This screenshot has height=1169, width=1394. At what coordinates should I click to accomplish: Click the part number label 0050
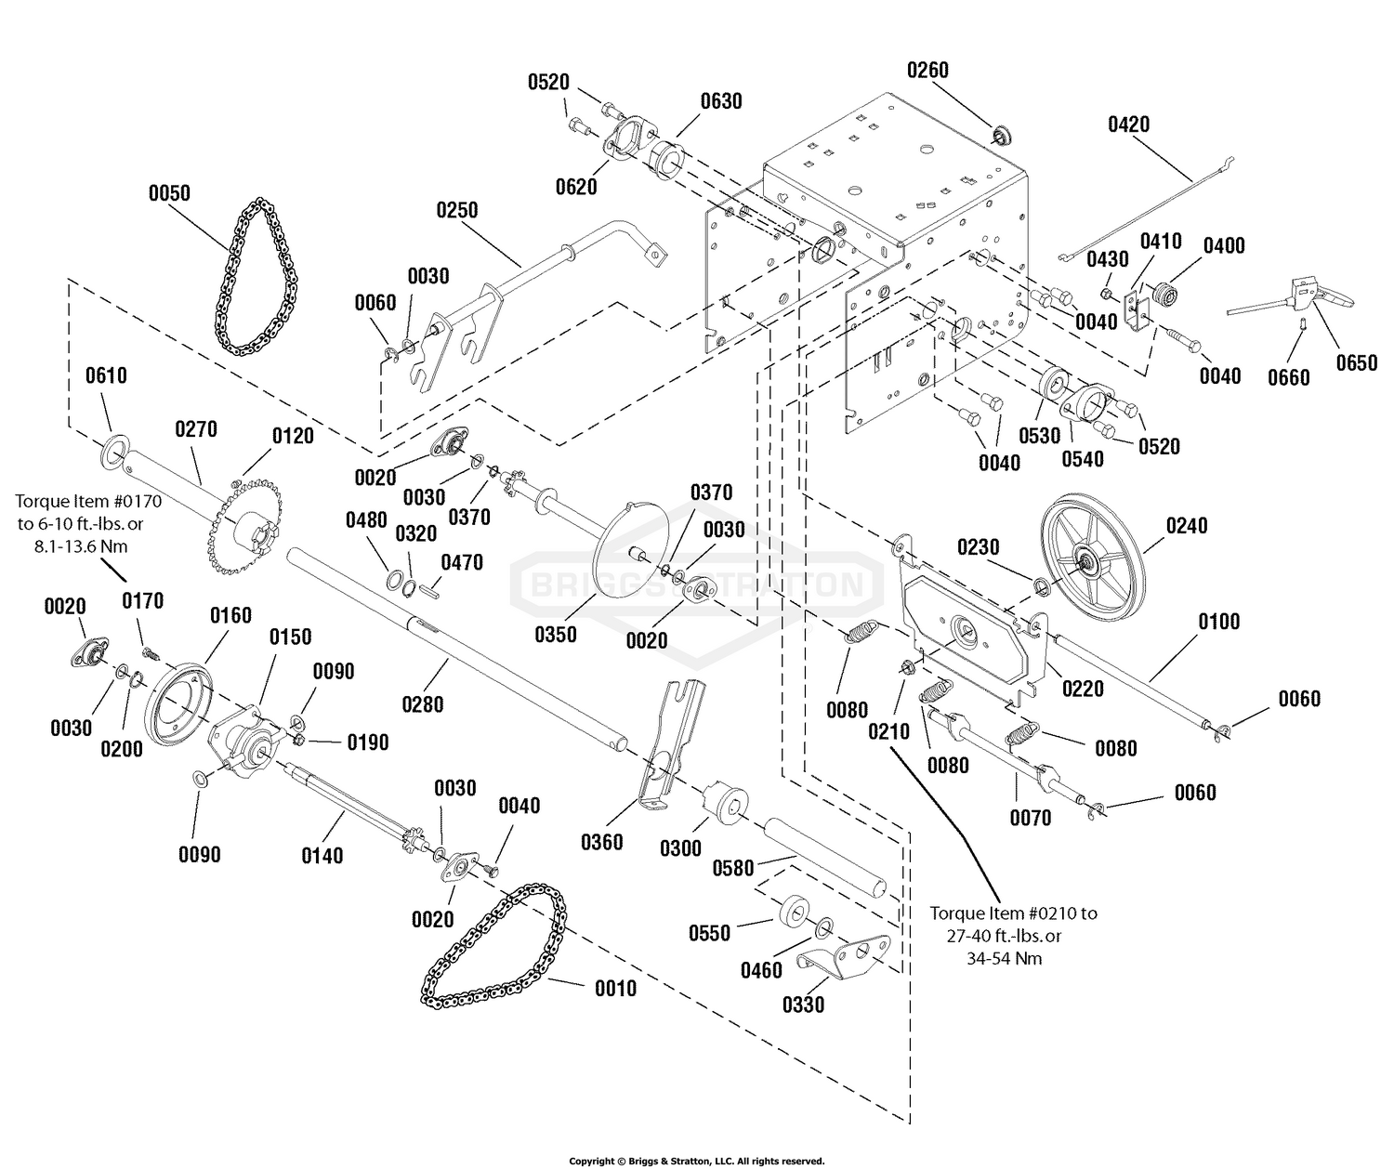click(x=169, y=193)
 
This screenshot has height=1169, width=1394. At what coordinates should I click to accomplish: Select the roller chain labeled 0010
click(x=494, y=945)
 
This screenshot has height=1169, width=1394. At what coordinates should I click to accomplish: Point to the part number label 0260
click(x=928, y=70)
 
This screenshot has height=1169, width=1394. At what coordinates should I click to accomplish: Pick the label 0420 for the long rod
click(x=1129, y=125)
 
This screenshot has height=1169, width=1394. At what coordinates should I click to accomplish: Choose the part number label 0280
click(x=423, y=703)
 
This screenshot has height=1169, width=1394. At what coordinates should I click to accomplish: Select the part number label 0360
click(x=601, y=843)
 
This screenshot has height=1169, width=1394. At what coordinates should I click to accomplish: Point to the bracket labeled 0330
click(x=845, y=956)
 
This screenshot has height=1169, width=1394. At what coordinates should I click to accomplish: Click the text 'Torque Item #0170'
click(x=89, y=501)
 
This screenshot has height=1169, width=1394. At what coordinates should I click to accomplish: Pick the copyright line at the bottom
click(x=697, y=1161)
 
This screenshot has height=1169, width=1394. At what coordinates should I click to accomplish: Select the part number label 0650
click(x=1357, y=362)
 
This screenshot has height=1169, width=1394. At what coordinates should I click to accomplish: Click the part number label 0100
click(x=1219, y=622)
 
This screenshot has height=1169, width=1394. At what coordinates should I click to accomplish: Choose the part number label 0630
click(x=721, y=101)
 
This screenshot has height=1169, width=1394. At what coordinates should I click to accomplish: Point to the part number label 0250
click(x=457, y=210)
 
